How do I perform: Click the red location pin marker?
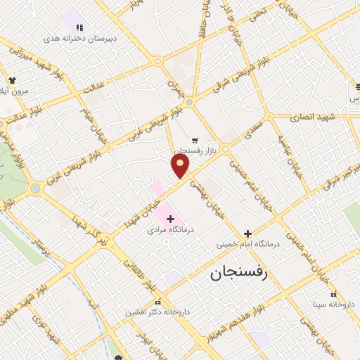tap(181, 165)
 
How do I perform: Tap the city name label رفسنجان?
tap(239, 273)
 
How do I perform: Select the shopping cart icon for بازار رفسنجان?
tap(194, 140)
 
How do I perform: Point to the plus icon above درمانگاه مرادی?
tap(170, 219)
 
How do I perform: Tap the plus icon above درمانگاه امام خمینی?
tap(247, 233)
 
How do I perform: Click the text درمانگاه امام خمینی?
tap(247, 244)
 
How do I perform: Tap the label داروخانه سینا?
tap(335, 304)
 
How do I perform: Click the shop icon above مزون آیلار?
tap(12, 80)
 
